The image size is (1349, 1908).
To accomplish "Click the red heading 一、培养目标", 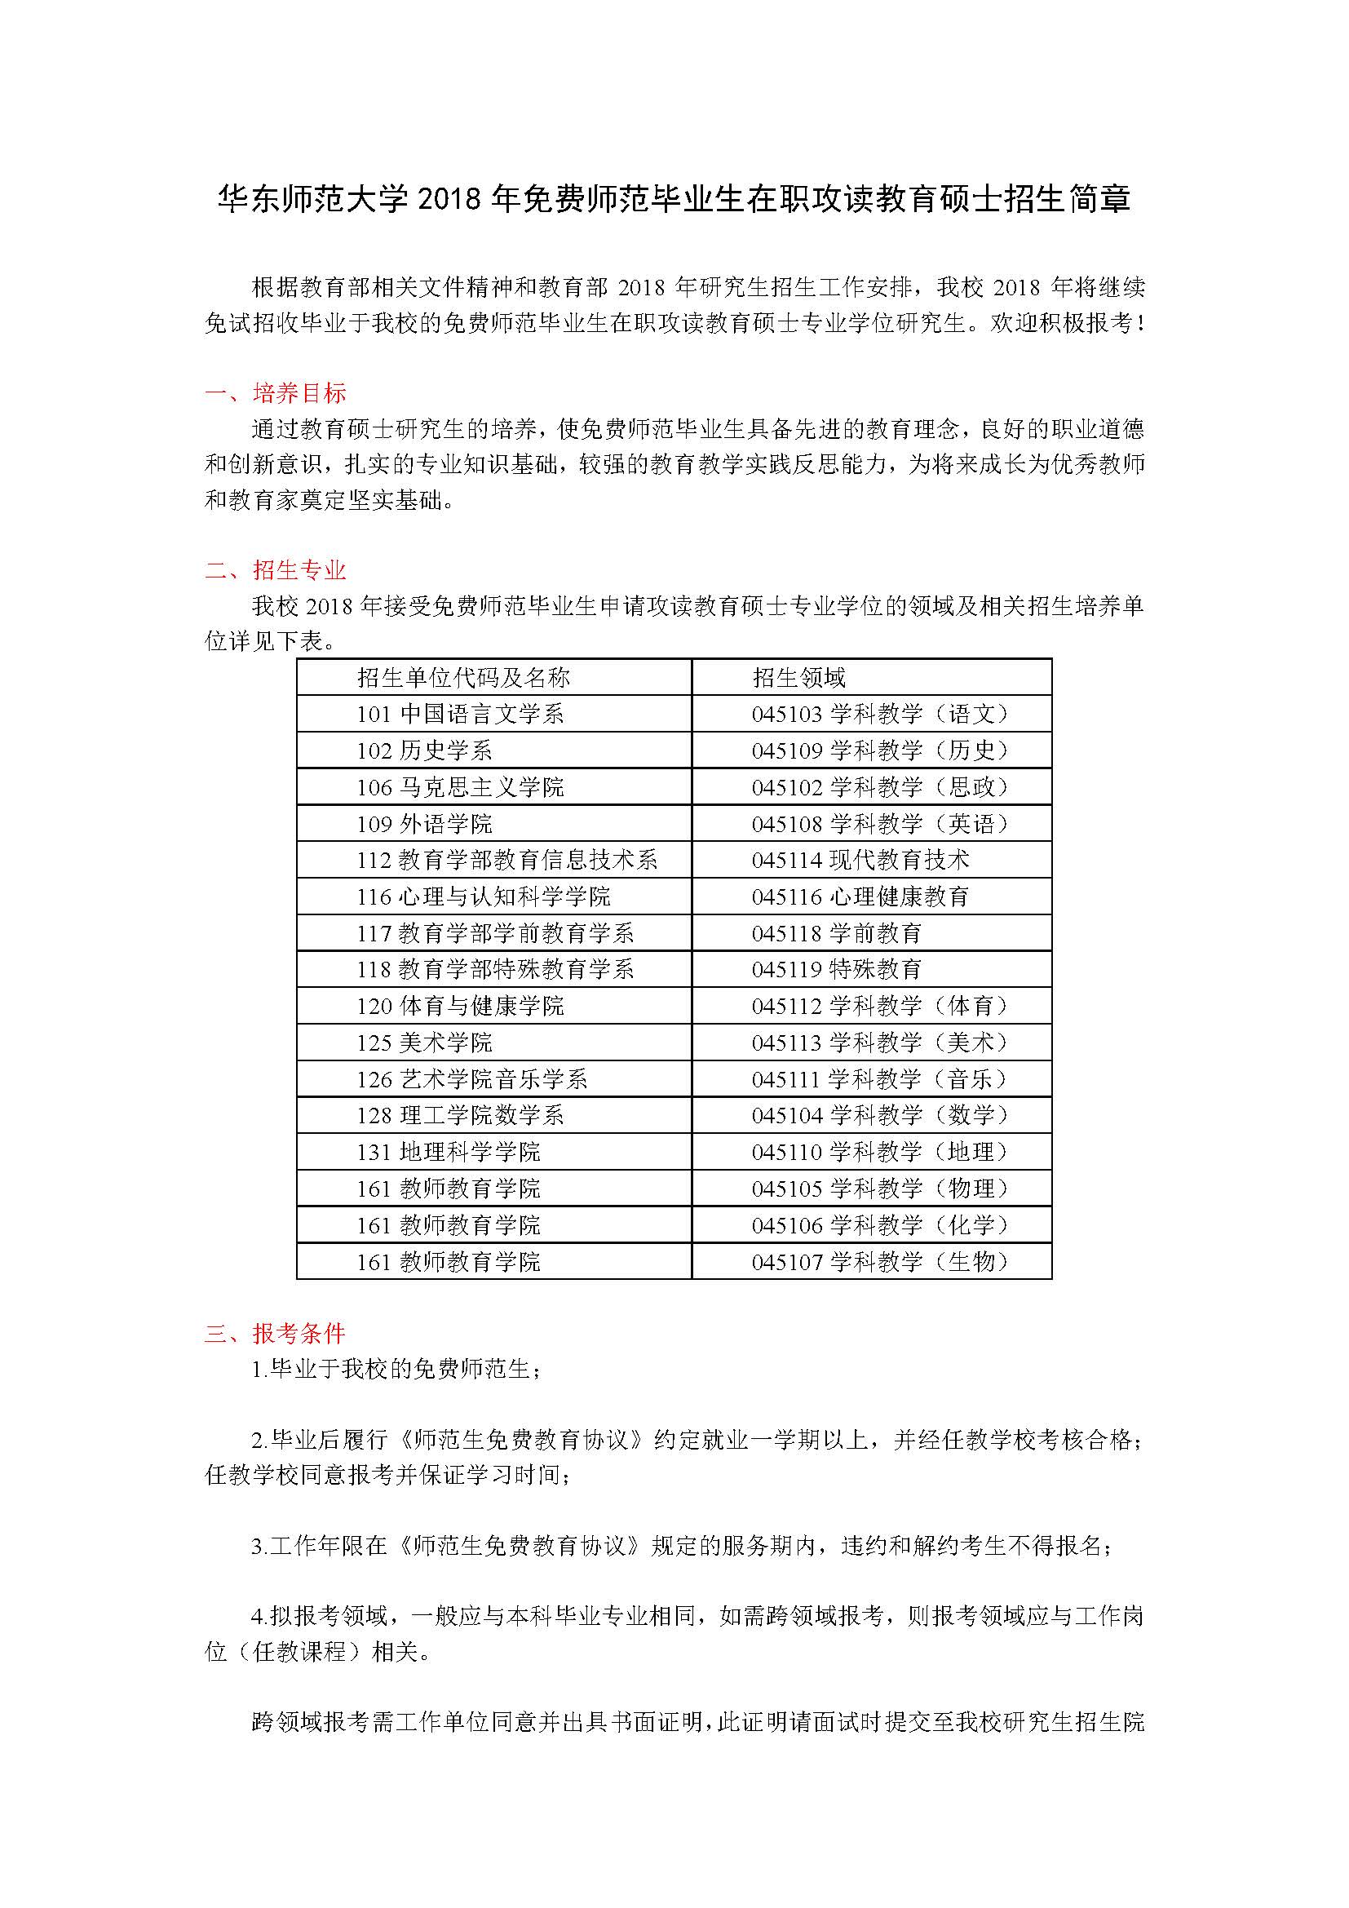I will (x=275, y=392).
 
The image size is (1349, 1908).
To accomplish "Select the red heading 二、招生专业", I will (x=275, y=570).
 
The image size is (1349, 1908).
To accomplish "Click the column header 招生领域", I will (x=798, y=677).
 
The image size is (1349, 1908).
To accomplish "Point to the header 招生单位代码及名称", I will (x=463, y=677).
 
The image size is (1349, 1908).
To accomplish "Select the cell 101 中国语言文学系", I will (x=460, y=714).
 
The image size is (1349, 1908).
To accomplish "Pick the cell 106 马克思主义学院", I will (x=460, y=787).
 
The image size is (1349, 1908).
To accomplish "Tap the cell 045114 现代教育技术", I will (x=860, y=860).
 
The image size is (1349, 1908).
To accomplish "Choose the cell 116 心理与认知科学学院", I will (x=484, y=896).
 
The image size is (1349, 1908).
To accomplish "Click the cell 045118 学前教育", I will (x=837, y=933).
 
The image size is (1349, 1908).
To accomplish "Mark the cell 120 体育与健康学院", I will (x=460, y=1007).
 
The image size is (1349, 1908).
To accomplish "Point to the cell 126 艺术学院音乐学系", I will (x=471, y=1079).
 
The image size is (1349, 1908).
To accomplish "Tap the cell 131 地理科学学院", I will (x=449, y=1152).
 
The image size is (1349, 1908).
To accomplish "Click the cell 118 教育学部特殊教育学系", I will (x=495, y=969).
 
